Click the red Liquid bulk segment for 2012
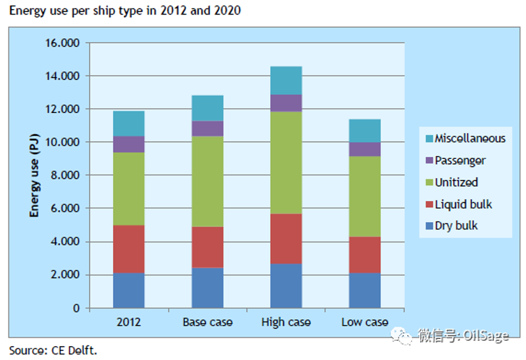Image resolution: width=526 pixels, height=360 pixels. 129,249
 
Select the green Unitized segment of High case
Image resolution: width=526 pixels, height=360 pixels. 286,162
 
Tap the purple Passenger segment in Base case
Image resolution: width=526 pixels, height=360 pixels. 208,128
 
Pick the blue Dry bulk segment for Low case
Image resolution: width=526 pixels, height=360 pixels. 365,290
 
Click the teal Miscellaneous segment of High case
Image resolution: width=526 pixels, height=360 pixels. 286,80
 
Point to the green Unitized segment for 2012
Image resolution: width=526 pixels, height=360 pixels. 129,189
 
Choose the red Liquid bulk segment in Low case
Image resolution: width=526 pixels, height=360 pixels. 365,255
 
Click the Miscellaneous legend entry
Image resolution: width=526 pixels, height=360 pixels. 466,139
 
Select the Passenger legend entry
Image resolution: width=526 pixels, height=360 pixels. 456,160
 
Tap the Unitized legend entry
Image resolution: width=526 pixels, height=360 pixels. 452,183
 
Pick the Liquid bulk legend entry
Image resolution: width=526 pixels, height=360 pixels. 458,204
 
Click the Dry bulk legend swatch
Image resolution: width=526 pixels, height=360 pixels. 429,226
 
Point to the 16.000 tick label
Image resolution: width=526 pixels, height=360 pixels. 62,43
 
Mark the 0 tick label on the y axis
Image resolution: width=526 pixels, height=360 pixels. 76,308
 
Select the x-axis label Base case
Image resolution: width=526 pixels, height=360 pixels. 208,322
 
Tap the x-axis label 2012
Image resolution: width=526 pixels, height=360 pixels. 129,322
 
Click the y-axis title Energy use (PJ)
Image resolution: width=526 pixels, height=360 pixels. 34,175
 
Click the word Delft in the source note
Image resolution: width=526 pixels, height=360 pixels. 82,351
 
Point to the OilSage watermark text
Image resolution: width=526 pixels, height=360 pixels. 486,335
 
